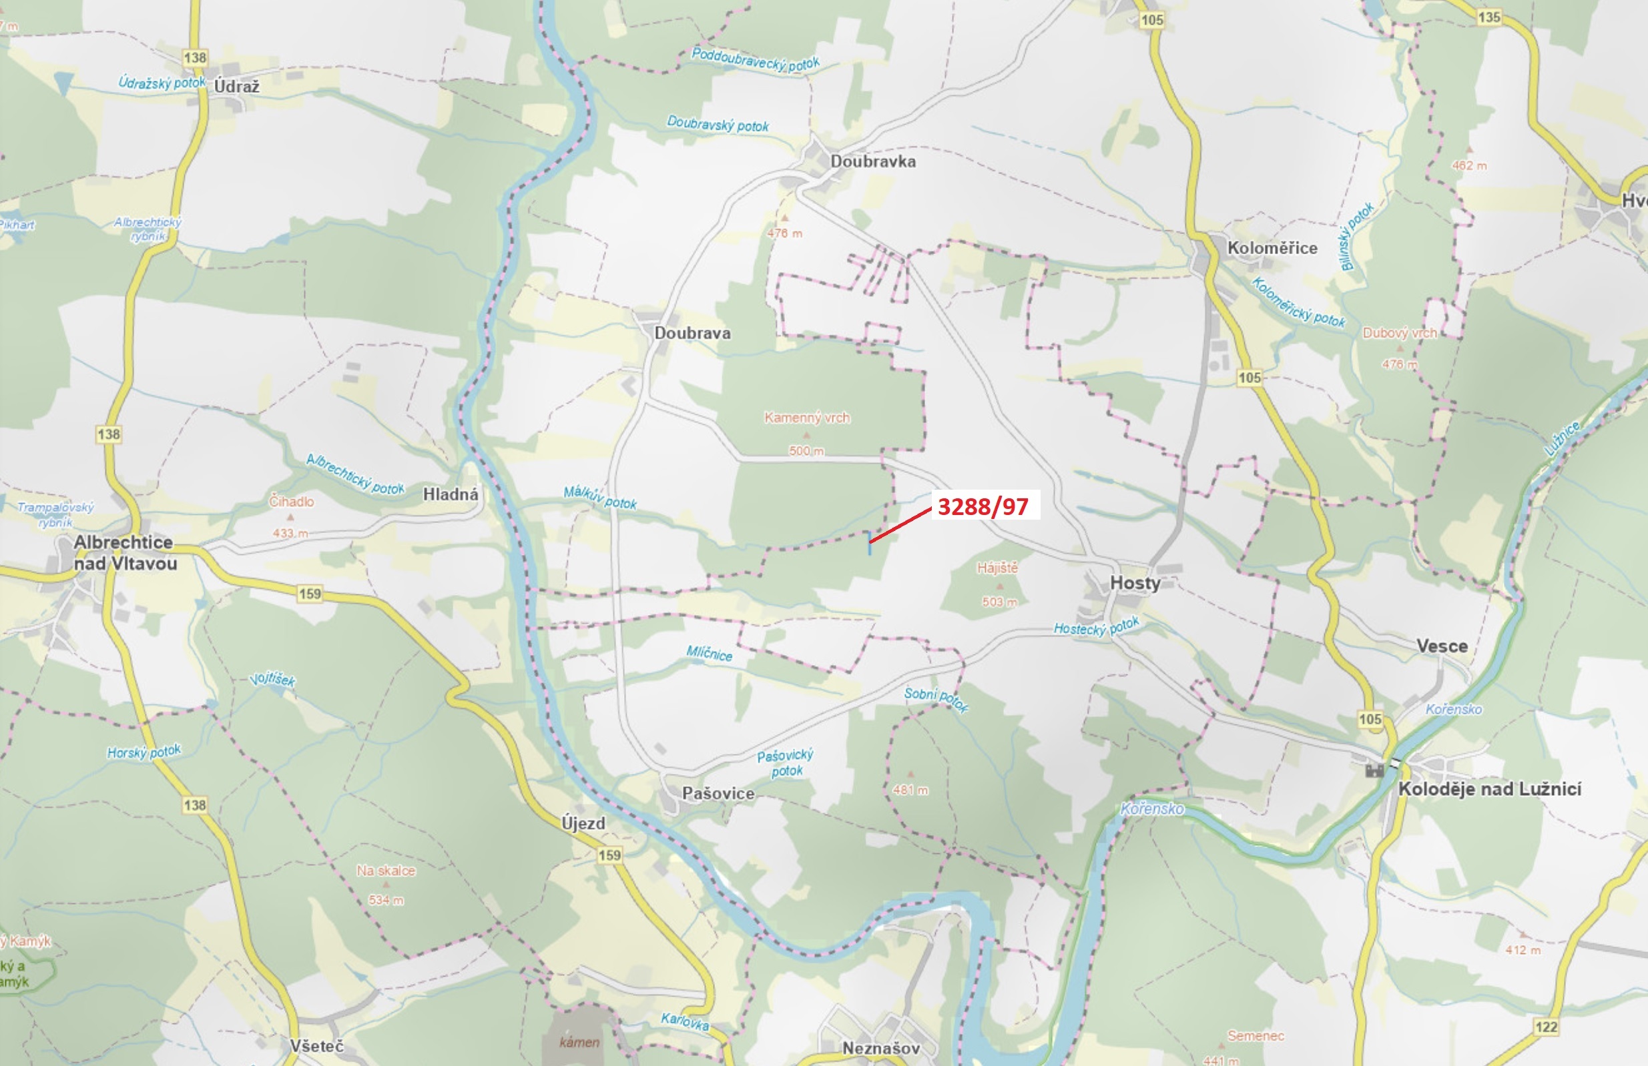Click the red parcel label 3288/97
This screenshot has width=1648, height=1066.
tap(983, 507)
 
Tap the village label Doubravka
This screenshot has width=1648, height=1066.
tap(872, 161)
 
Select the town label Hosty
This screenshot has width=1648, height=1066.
tap(1135, 583)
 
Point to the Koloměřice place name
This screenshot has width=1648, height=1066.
tap(1272, 247)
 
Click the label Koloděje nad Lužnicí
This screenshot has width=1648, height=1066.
tap(1489, 789)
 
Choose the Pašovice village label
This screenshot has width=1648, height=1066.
tap(718, 793)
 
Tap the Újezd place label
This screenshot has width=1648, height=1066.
tap(583, 823)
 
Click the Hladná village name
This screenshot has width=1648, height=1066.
tap(450, 494)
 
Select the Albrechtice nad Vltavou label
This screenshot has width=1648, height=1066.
tap(125, 552)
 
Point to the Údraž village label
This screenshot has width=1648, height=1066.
tap(236, 87)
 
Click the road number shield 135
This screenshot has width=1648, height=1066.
tap(1488, 17)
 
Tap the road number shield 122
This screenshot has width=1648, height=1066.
tap(1547, 1027)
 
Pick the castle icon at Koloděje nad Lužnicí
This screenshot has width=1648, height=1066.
tap(1374, 770)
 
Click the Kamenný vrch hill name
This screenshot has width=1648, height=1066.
tap(807, 418)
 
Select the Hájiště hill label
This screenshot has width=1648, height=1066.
tap(997, 568)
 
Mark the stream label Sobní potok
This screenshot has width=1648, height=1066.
tap(936, 699)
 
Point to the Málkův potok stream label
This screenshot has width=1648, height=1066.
tap(599, 497)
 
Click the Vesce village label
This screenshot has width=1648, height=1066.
tap(1442, 646)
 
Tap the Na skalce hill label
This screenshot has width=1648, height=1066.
tap(386, 871)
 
